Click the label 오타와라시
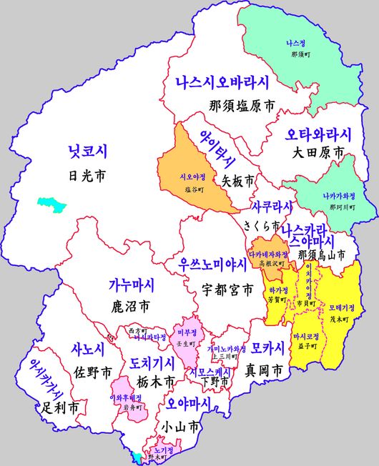(319, 134)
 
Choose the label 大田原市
(319, 152)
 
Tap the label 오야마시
(188, 405)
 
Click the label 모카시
(267, 348)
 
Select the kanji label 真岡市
(266, 371)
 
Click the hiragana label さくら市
(261, 225)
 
